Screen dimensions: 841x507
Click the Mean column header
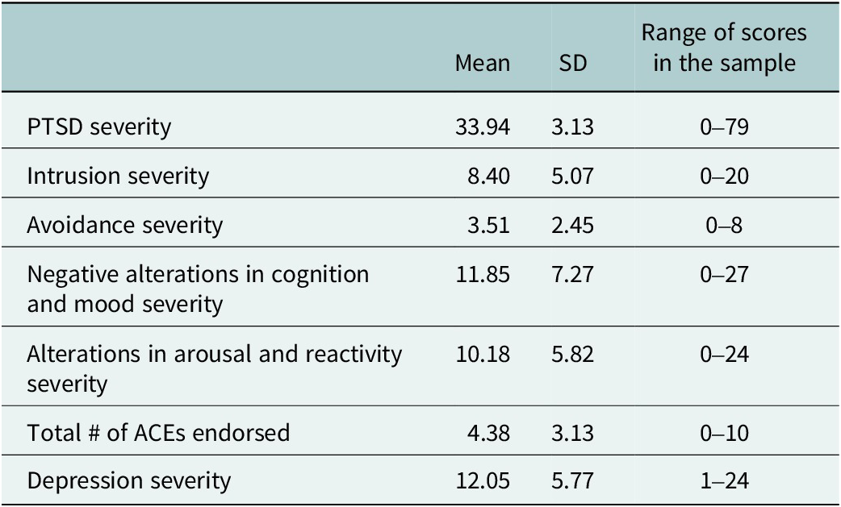pyautogui.click(x=482, y=63)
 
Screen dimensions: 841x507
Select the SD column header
pyautogui.click(x=572, y=63)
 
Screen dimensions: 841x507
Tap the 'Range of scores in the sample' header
pyautogui.click(x=724, y=48)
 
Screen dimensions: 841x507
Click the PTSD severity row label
pyautogui.click(x=99, y=127)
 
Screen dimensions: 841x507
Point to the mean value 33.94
pyautogui.click(x=483, y=127)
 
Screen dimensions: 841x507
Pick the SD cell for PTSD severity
pyautogui.click(x=572, y=127)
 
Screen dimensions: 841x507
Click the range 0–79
pyautogui.click(x=724, y=127)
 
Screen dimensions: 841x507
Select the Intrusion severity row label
pyautogui.click(x=118, y=177)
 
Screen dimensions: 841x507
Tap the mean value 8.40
pyautogui.click(x=488, y=177)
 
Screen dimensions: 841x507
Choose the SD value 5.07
pyautogui.click(x=572, y=177)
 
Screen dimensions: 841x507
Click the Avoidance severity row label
pyautogui.click(x=124, y=226)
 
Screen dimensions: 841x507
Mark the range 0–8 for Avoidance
pyautogui.click(x=724, y=226)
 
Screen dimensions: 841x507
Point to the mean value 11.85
pyautogui.click(x=483, y=275)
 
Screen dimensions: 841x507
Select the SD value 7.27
pyautogui.click(x=572, y=275)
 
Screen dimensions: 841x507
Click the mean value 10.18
pyautogui.click(x=483, y=355)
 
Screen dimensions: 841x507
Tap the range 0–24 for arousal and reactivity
pyautogui.click(x=724, y=355)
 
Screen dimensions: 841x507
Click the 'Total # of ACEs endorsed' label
pyautogui.click(x=158, y=433)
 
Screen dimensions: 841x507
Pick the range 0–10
pyautogui.click(x=724, y=433)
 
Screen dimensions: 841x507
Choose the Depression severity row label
pyautogui.click(x=128, y=480)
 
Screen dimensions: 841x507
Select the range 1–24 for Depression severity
pyautogui.click(x=724, y=480)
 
